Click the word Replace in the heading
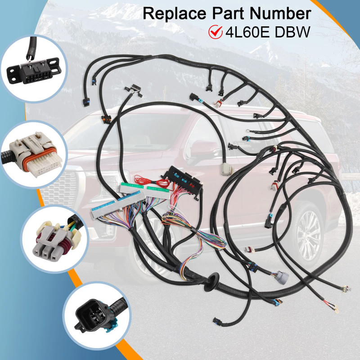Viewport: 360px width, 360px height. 175,13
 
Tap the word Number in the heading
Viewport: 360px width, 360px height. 280,13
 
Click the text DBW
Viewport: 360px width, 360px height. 292,32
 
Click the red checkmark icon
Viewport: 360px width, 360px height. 216,32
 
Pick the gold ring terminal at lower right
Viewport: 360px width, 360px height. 336,310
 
